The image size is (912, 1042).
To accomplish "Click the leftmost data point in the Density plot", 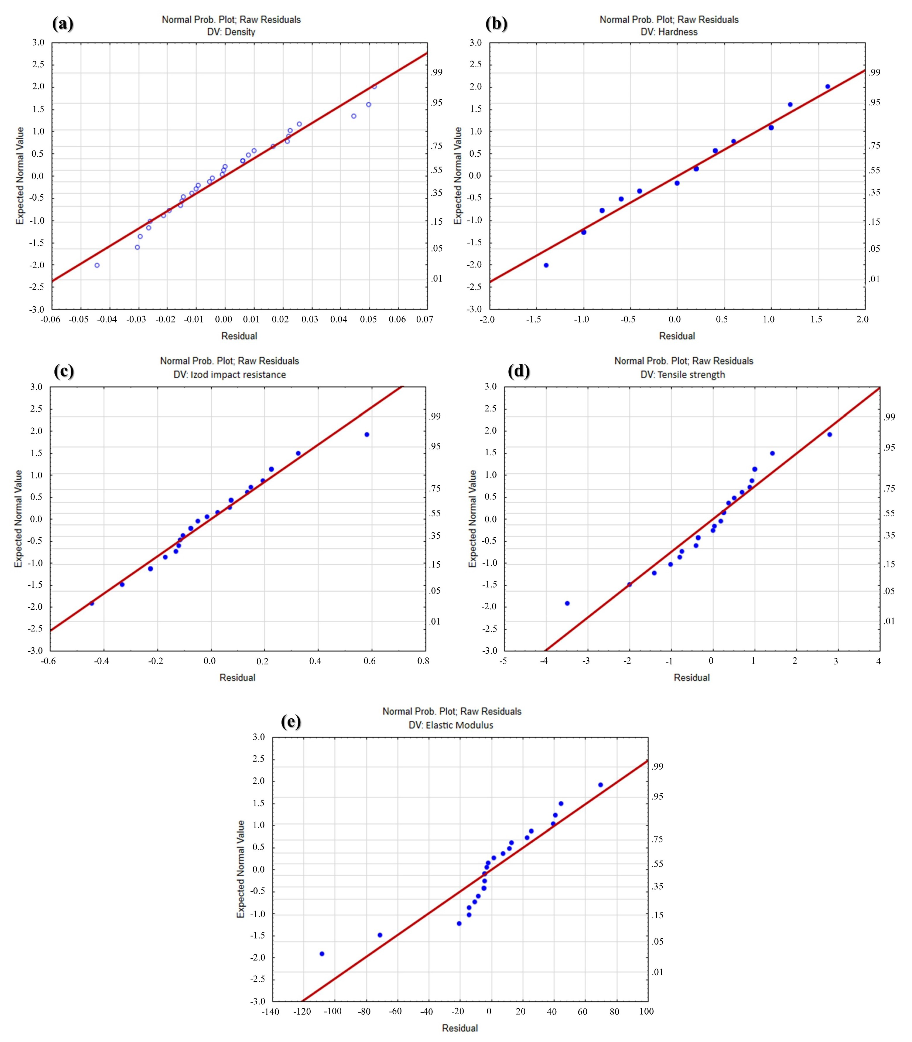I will (x=97, y=265).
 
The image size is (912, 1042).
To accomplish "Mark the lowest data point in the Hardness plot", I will (x=546, y=265).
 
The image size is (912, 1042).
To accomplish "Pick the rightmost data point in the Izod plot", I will (x=366, y=434).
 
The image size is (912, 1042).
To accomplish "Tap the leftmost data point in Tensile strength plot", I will (x=567, y=603).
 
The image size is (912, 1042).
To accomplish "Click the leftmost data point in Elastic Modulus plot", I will (x=322, y=953).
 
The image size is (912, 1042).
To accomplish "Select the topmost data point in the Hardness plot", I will (x=827, y=86).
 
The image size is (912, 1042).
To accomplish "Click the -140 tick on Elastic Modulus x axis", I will (x=270, y=1011).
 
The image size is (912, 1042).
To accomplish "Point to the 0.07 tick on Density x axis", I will (x=424, y=319).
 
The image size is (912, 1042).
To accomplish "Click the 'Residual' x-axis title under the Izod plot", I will (x=237, y=678).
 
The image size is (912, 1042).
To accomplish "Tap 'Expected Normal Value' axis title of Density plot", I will (x=20, y=176).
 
